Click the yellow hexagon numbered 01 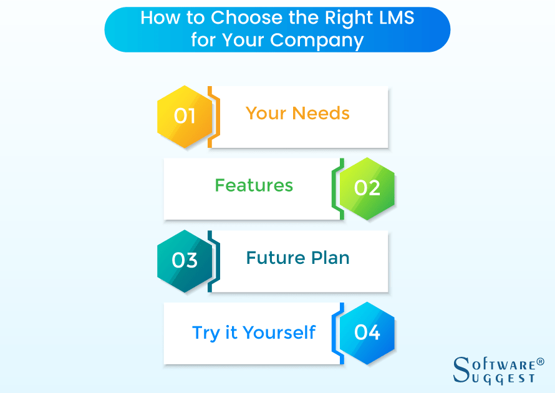pyautogui.click(x=185, y=117)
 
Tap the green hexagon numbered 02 pyautogui.click(x=367, y=188)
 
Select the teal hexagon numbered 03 pyautogui.click(x=185, y=261)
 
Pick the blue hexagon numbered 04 pyautogui.click(x=367, y=332)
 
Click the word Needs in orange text pyautogui.click(x=321, y=114)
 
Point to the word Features pyautogui.click(x=254, y=185)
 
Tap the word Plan pyautogui.click(x=329, y=258)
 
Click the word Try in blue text pyautogui.click(x=205, y=332)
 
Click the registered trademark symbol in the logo pyautogui.click(x=540, y=362)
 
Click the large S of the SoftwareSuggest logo pyautogui.click(x=463, y=369)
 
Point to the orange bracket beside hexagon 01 pyautogui.click(x=212, y=117)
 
